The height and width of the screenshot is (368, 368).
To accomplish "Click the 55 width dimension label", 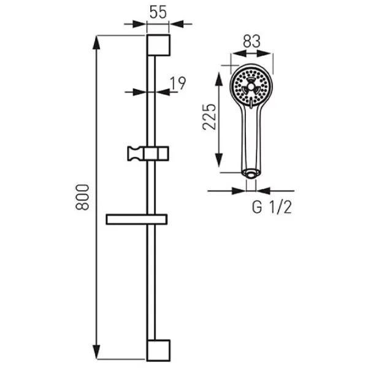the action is (x=158, y=12).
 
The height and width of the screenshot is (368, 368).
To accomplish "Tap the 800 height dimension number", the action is (x=82, y=197).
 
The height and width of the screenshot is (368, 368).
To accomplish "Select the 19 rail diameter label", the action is (x=178, y=83).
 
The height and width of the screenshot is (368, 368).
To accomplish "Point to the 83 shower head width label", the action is (x=251, y=41).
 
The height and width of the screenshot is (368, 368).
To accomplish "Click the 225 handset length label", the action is (x=209, y=117).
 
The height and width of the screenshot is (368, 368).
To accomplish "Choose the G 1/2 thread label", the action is (x=272, y=207).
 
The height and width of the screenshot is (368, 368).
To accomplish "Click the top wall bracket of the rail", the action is (x=158, y=45).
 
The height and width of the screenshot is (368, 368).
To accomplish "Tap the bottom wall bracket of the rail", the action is (x=158, y=350).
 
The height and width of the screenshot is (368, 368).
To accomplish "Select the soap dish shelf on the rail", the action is (x=137, y=220).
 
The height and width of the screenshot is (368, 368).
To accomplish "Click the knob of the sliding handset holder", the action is (x=133, y=154).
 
